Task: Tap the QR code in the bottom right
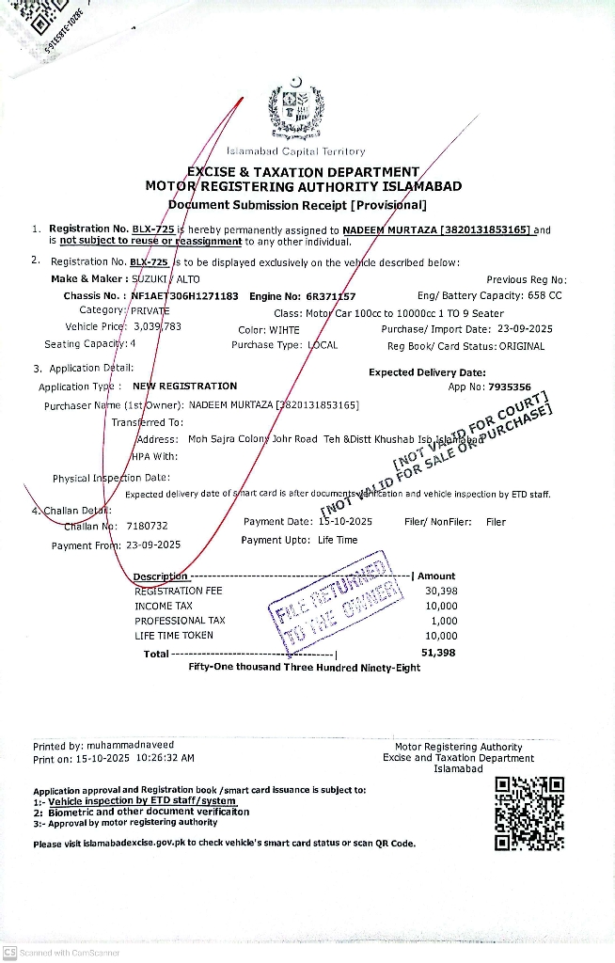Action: [x=529, y=813]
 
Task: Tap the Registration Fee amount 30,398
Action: [x=441, y=591]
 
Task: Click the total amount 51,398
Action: [x=438, y=652]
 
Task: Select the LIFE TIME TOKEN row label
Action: [x=174, y=636]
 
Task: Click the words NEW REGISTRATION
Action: [x=184, y=386]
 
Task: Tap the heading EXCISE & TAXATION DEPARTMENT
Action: [x=303, y=172]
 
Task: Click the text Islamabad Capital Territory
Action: [x=295, y=151]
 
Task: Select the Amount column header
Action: [x=436, y=576]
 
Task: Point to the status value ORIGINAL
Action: [x=521, y=345]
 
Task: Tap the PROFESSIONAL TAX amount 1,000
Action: [x=444, y=621]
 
